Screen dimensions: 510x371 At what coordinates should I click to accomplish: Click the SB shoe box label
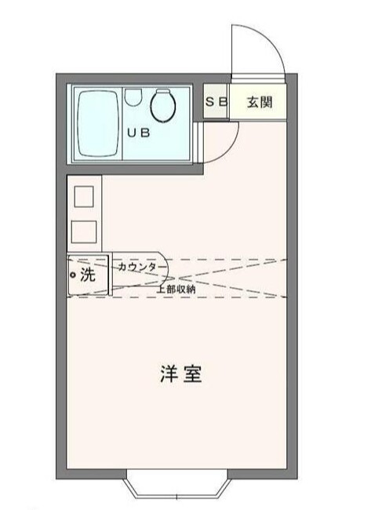216,103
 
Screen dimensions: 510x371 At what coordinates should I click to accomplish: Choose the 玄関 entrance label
259,103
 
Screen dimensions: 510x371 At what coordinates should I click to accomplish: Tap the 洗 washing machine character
88,275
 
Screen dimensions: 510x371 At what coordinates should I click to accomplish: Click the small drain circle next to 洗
73,275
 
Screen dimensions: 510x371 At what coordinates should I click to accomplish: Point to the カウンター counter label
141,267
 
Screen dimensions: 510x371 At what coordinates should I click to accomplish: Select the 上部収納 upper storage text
176,289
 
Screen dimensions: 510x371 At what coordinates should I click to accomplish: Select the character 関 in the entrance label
267,103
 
